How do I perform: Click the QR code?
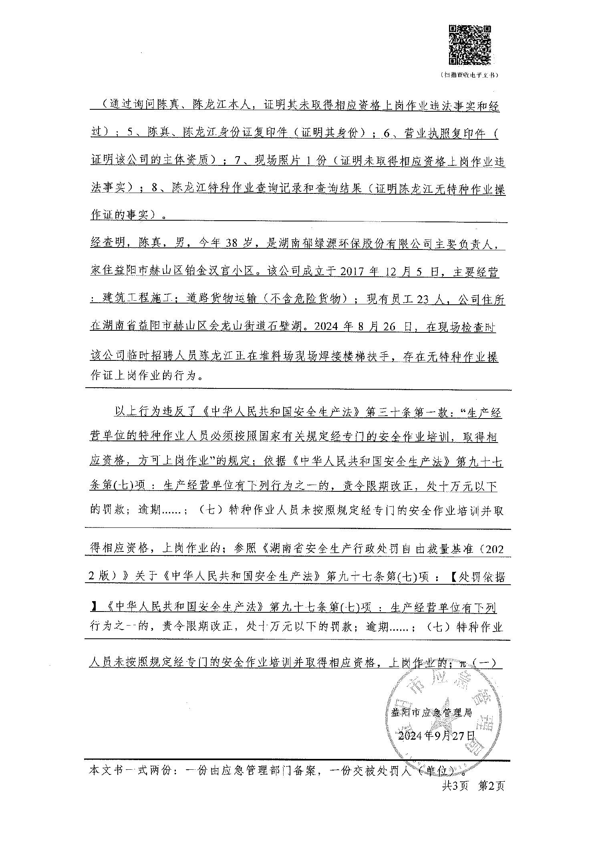point(469,45)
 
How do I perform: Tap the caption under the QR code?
point(469,75)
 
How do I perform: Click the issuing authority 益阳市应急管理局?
point(431,712)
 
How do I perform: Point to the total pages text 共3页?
point(455,786)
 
